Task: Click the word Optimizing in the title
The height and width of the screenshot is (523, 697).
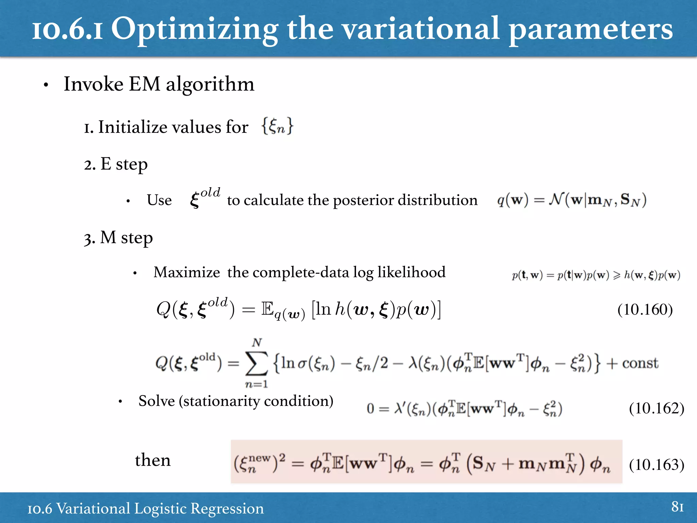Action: pos(194,30)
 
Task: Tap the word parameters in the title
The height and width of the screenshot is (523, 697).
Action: pos(590,30)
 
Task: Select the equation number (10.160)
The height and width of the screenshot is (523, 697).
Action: pos(645,310)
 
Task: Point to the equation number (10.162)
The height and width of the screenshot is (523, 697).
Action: pos(656,408)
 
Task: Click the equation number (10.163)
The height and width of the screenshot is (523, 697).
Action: pos(656,464)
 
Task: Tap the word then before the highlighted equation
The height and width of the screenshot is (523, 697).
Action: pos(153,460)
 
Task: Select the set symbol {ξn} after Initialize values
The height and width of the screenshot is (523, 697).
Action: pos(277,126)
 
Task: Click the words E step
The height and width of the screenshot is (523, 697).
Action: pos(124,164)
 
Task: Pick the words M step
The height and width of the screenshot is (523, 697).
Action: pos(126,238)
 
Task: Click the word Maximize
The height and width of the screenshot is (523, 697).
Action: pos(187,272)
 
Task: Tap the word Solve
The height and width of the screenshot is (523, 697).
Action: pos(157,401)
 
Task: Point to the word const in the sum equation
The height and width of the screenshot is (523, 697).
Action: pos(640,363)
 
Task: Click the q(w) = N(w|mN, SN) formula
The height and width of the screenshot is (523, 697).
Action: pos(571,200)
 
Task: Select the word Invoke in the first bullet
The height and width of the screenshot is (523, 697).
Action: pos(93,84)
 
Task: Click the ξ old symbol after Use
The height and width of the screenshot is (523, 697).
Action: pos(205,197)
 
